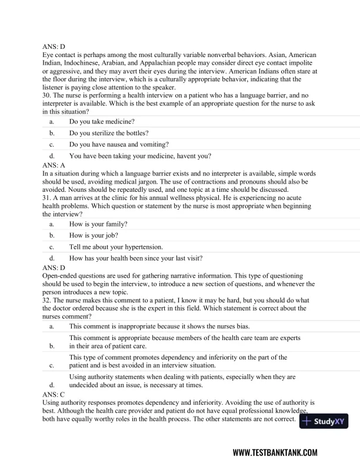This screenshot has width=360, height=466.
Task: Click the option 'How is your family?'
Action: pyautogui.click(x=98, y=224)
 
